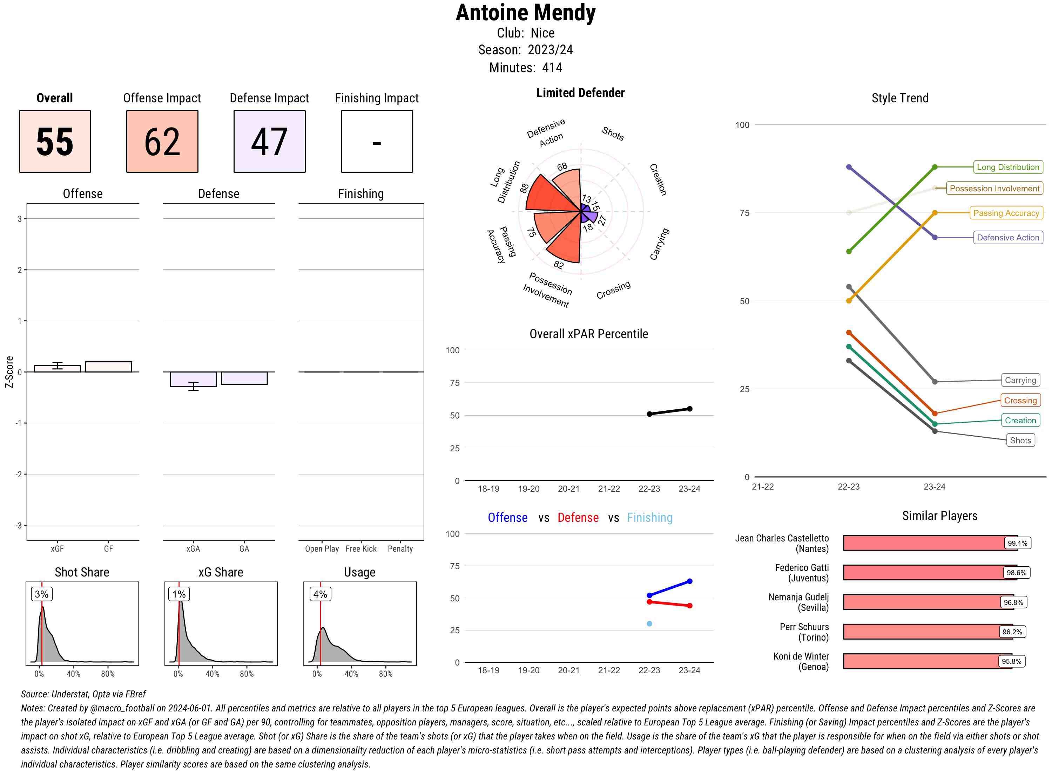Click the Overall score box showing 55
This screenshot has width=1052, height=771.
(x=55, y=142)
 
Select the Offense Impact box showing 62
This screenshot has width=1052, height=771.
(x=162, y=142)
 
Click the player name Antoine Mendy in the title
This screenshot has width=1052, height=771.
(x=525, y=13)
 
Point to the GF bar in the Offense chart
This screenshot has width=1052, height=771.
(x=108, y=367)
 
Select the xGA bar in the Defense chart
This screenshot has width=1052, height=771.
(x=193, y=379)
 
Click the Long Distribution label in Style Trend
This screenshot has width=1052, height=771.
(x=1008, y=167)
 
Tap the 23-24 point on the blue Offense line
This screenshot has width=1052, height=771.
(x=690, y=581)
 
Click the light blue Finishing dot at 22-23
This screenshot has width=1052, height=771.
(x=649, y=623)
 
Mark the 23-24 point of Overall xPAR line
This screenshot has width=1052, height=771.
(x=690, y=409)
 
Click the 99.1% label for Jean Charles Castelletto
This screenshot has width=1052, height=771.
(x=1017, y=543)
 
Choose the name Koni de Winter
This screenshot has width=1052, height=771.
(x=801, y=656)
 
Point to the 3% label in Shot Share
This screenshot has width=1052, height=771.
(x=42, y=594)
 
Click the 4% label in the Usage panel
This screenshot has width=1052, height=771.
(x=320, y=594)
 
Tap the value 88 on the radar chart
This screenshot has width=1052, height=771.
(x=524, y=188)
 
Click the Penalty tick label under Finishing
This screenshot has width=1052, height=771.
(x=400, y=549)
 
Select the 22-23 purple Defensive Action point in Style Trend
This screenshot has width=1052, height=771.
(x=849, y=167)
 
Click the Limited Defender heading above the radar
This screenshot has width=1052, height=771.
(x=580, y=93)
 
